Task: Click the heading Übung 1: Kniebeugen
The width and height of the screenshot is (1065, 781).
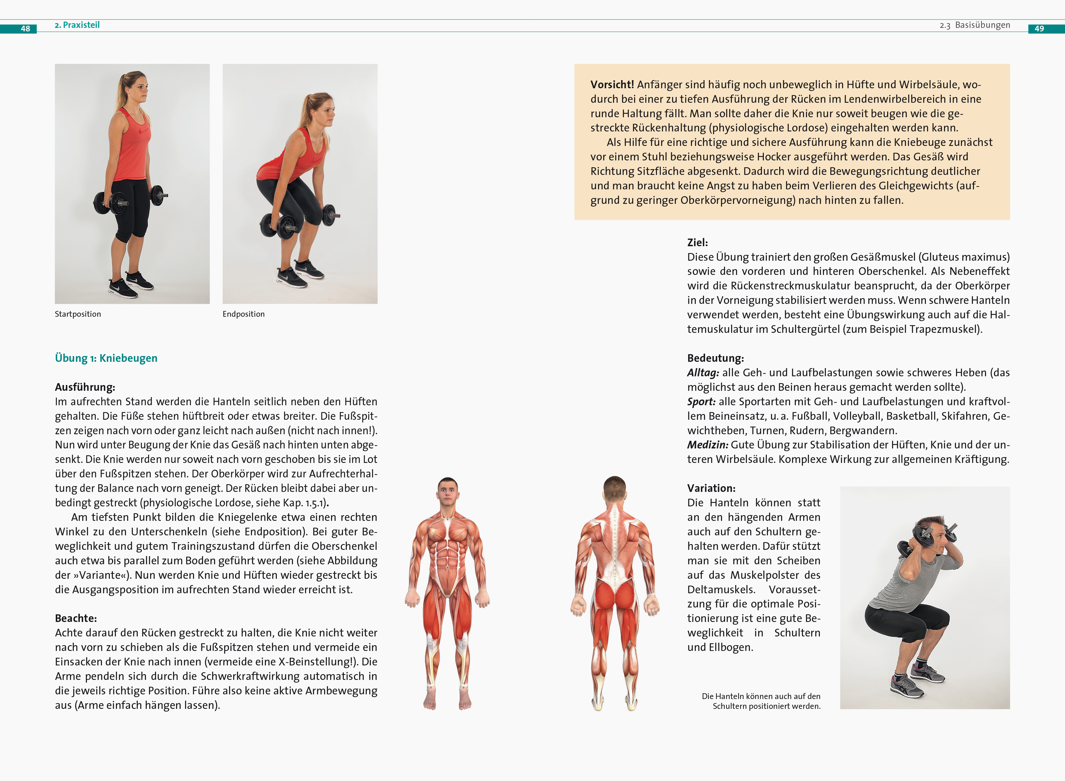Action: pyautogui.click(x=106, y=358)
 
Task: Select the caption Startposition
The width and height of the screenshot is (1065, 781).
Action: pyautogui.click(x=78, y=314)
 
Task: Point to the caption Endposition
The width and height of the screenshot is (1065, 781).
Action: pyautogui.click(x=243, y=314)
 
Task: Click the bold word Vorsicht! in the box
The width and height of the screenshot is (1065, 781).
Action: pyautogui.click(x=612, y=85)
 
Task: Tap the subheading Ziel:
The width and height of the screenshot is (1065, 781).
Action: pyautogui.click(x=698, y=243)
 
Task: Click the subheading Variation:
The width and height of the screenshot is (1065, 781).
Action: pyautogui.click(x=711, y=488)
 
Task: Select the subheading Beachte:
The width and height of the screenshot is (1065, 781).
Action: pyautogui.click(x=76, y=618)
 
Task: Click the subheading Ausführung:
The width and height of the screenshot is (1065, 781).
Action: pyautogui.click(x=85, y=387)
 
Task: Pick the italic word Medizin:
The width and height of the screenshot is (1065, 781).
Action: pyautogui.click(x=708, y=445)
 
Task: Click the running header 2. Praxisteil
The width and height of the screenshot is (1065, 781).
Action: pyautogui.click(x=77, y=25)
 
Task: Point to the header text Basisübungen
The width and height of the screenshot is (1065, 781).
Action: pyautogui.click(x=982, y=25)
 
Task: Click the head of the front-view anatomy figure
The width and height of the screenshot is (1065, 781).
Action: pyautogui.click(x=448, y=492)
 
